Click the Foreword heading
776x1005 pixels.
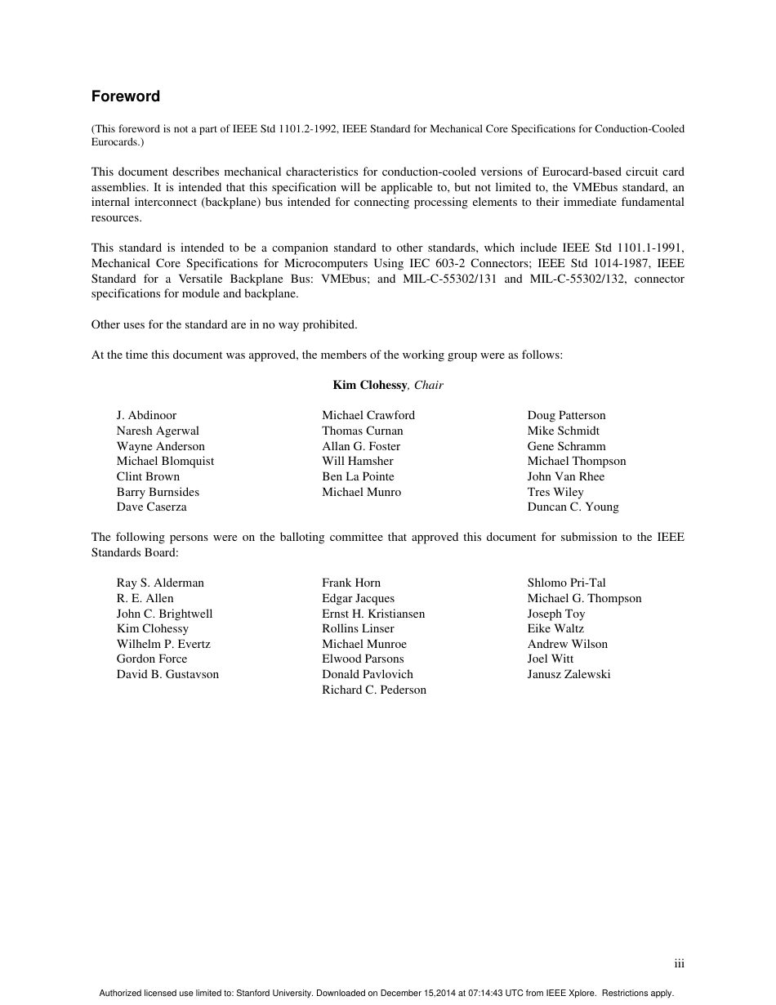125,96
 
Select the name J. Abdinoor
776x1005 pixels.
146,415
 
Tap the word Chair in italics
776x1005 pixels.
429,385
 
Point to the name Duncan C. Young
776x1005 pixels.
573,507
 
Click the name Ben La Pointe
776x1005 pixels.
358,476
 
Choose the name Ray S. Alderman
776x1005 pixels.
160,583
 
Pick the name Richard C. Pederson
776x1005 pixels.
374,690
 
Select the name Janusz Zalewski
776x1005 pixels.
569,674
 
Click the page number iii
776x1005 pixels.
679,964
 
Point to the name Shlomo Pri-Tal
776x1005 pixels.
566,583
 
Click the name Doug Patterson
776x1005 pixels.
566,415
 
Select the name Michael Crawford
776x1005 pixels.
368,415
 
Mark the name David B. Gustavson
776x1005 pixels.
167,674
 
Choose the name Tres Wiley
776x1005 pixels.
555,492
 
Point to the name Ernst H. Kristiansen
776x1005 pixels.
373,614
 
